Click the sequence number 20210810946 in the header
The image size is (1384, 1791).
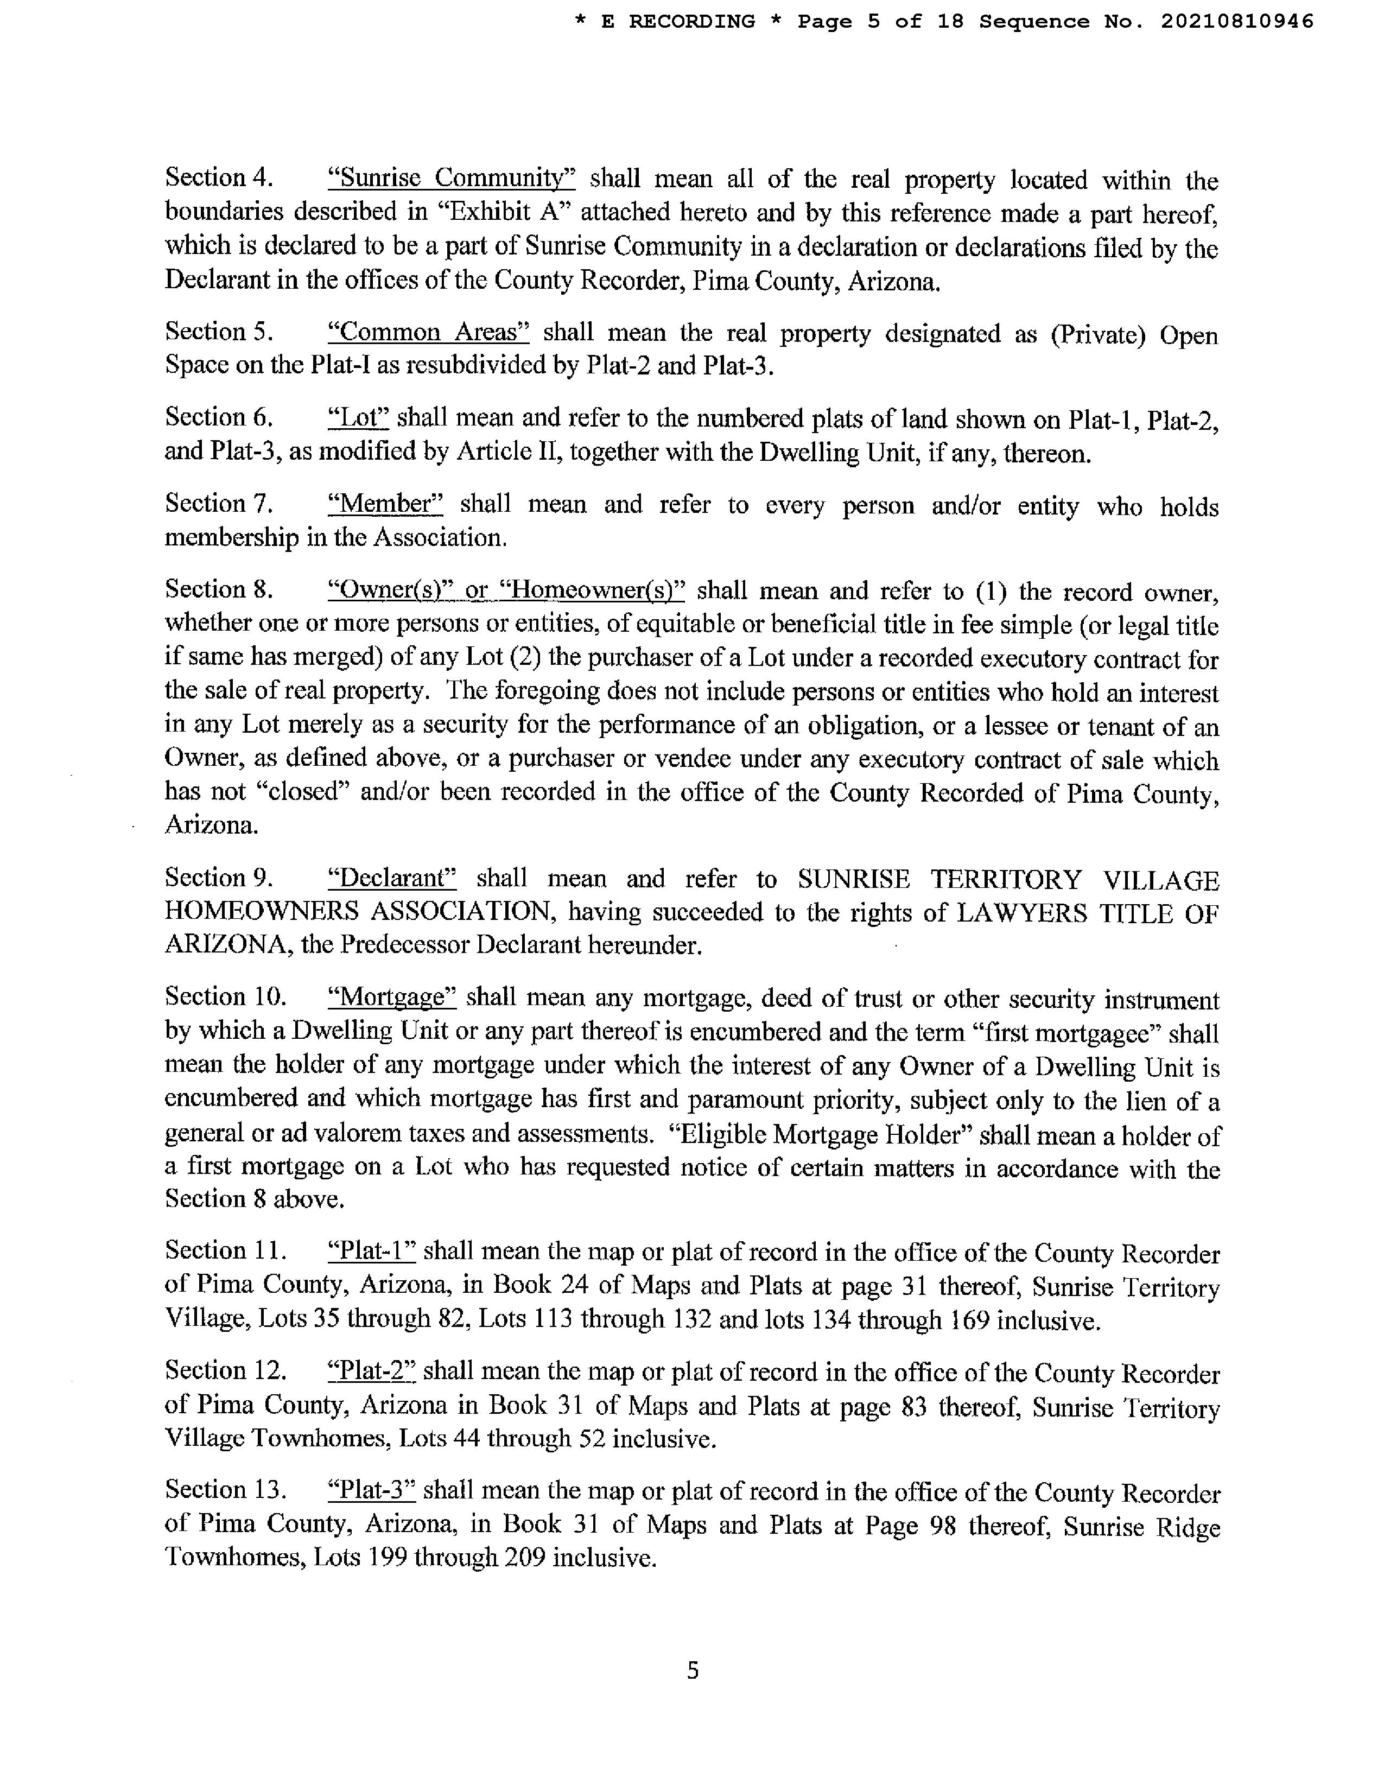1236,21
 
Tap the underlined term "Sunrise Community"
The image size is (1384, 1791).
451,178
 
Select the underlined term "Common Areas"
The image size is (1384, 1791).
428,332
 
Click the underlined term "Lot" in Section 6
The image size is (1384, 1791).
358,418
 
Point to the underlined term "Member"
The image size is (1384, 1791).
385,504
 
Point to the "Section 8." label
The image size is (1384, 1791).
218,589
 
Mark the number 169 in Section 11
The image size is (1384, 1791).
968,1321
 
